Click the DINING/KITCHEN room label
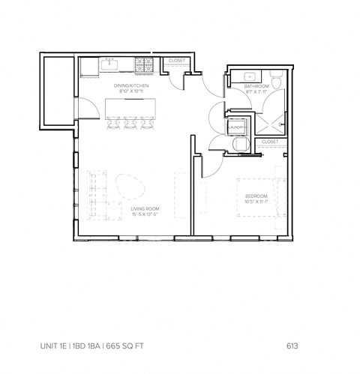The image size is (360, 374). point(131,86)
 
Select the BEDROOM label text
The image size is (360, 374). point(256,196)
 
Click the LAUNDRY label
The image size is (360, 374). point(239,127)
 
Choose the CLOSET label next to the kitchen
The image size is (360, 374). point(177,60)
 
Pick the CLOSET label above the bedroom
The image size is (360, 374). point(270,142)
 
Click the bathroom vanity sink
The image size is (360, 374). point(247,76)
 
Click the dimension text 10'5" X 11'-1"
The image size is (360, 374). point(256,202)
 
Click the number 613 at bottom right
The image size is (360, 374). point(293,346)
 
